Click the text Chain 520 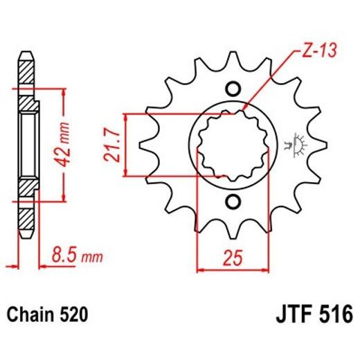coord(48,315)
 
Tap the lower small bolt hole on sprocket coord(233,202)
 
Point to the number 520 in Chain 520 coord(73,315)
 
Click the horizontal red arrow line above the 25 coord(233,267)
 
